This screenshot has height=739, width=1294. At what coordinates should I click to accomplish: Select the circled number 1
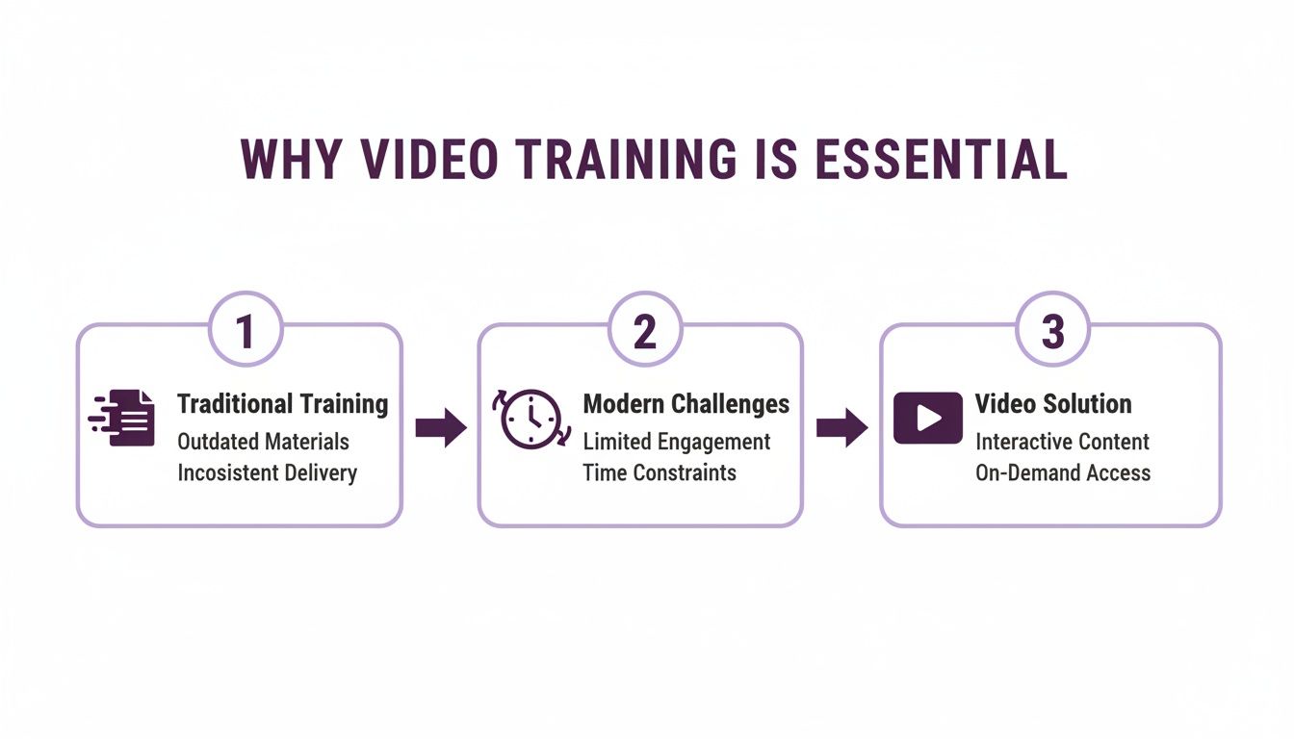tap(246, 330)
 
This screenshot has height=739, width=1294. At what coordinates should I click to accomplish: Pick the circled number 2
tap(645, 330)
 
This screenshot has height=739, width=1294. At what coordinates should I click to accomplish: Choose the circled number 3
tap(1053, 330)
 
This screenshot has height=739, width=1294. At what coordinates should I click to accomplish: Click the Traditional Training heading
tap(283, 404)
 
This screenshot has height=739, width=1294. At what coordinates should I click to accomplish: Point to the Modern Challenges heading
tap(686, 404)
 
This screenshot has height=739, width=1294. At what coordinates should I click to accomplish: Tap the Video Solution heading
tap(1053, 404)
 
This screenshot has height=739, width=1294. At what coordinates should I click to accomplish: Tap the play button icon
tap(927, 418)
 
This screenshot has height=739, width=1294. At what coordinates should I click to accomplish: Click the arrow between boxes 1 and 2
tap(440, 427)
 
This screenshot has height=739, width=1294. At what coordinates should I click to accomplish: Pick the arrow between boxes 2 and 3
tap(841, 427)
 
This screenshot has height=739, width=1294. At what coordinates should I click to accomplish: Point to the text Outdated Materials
tap(263, 442)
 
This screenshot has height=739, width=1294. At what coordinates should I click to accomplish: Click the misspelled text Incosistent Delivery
tap(267, 472)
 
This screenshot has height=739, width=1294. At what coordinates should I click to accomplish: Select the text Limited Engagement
tap(676, 442)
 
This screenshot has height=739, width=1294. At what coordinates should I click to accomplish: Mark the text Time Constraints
tap(659, 472)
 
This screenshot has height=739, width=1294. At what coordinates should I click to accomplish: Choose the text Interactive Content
tap(1062, 442)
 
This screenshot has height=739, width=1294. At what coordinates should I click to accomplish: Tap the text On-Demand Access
tap(1063, 472)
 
